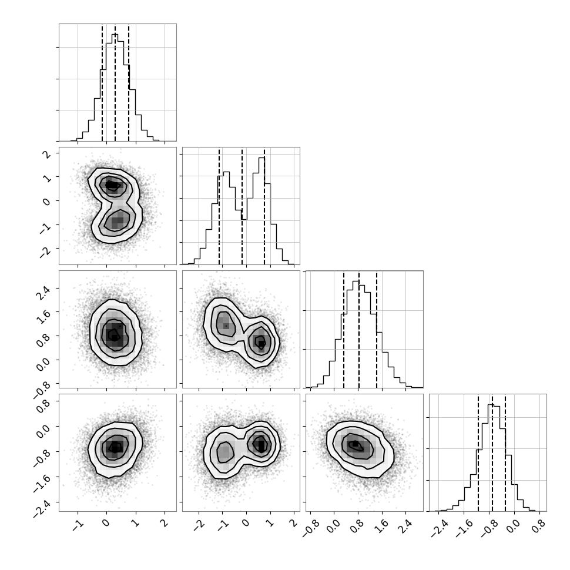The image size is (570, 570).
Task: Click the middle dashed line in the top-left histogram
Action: pyautogui.click(x=115, y=83)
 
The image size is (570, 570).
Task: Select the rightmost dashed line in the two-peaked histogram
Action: pyautogui.click(x=264, y=206)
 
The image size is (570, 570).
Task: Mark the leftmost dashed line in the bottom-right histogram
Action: pyautogui.click(x=478, y=453)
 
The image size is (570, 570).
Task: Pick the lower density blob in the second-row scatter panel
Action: pyautogui.click(x=117, y=221)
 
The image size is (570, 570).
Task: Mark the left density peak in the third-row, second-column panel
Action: pyautogui.click(x=226, y=324)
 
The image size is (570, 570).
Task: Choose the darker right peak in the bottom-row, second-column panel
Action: pyautogui.click(x=261, y=444)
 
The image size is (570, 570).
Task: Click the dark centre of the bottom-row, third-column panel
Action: pyautogui.click(x=355, y=445)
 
